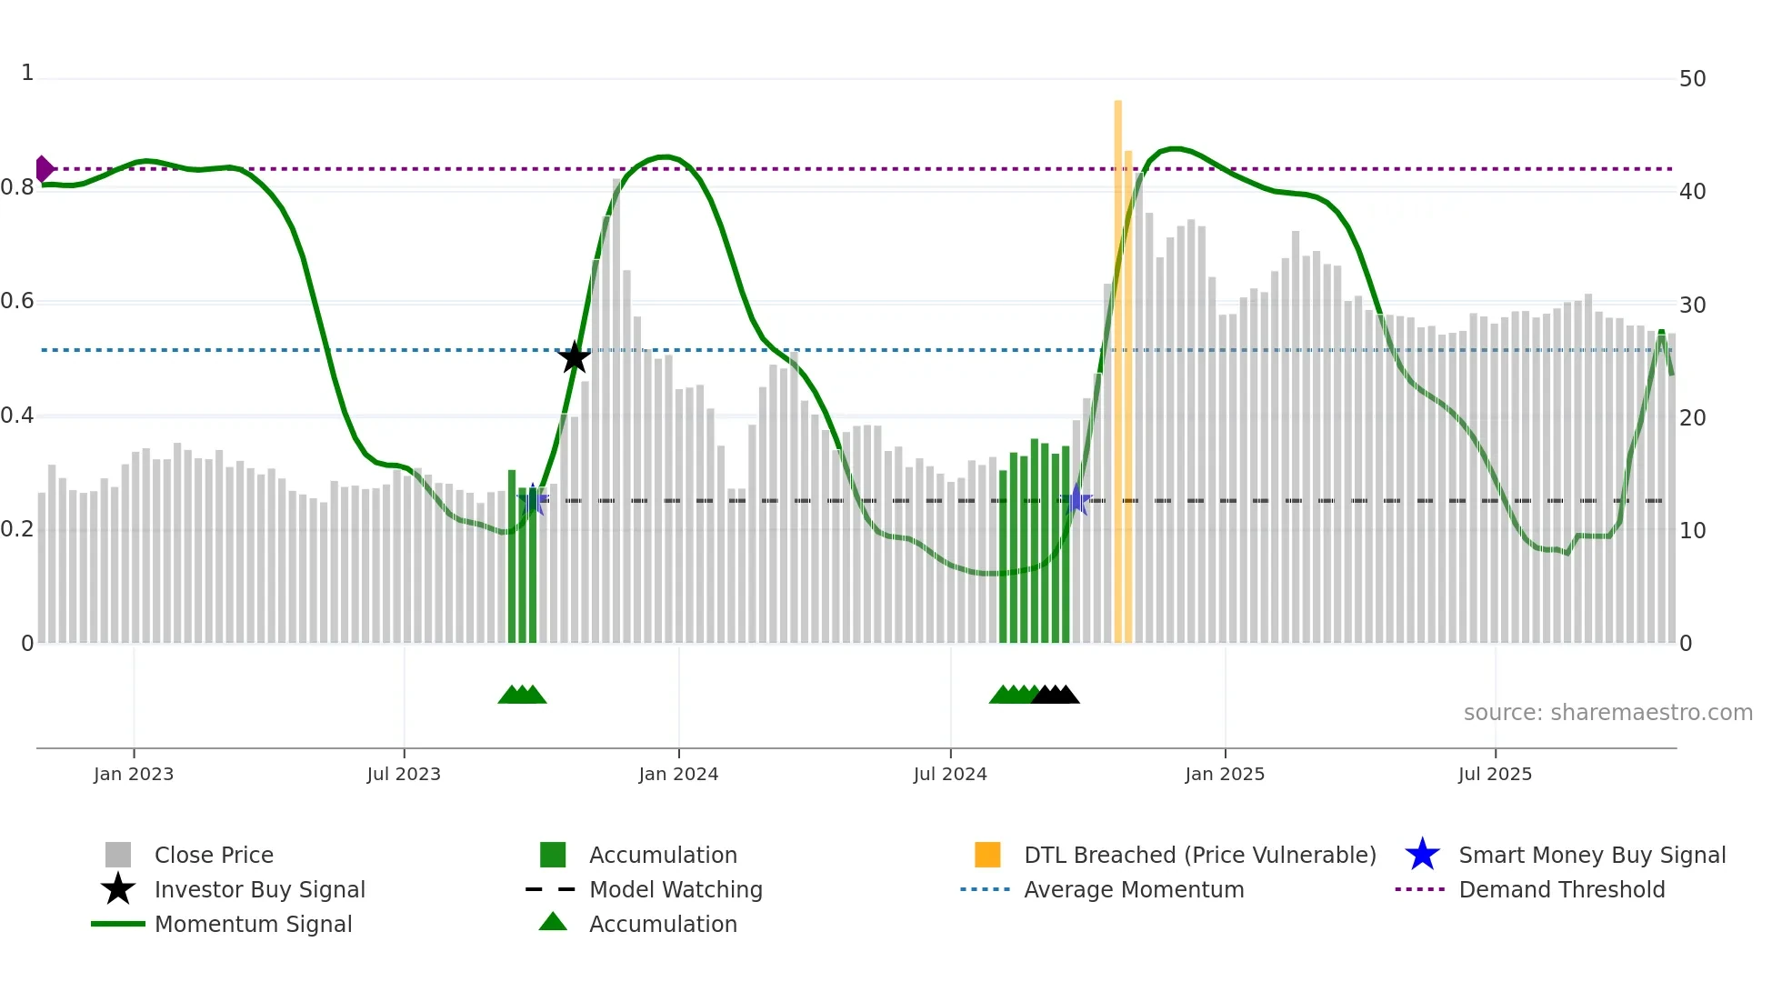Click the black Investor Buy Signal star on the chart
coord(574,357)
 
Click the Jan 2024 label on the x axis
coord(678,774)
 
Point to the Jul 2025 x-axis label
coord(1495,774)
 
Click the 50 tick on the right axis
coord(1692,79)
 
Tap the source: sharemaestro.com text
coord(1607,713)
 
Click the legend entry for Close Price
coord(214,855)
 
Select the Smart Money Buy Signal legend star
coord(1422,855)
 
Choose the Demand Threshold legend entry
coord(1561,889)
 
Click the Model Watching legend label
coord(676,889)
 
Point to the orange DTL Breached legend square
coord(987,855)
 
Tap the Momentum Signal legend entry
coord(253,924)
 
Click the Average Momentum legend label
coord(1134,889)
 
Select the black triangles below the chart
coord(1056,695)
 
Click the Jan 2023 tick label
coord(134,774)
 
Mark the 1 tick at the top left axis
coord(27,73)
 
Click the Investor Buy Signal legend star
coord(118,889)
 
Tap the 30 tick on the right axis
coord(1692,305)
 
